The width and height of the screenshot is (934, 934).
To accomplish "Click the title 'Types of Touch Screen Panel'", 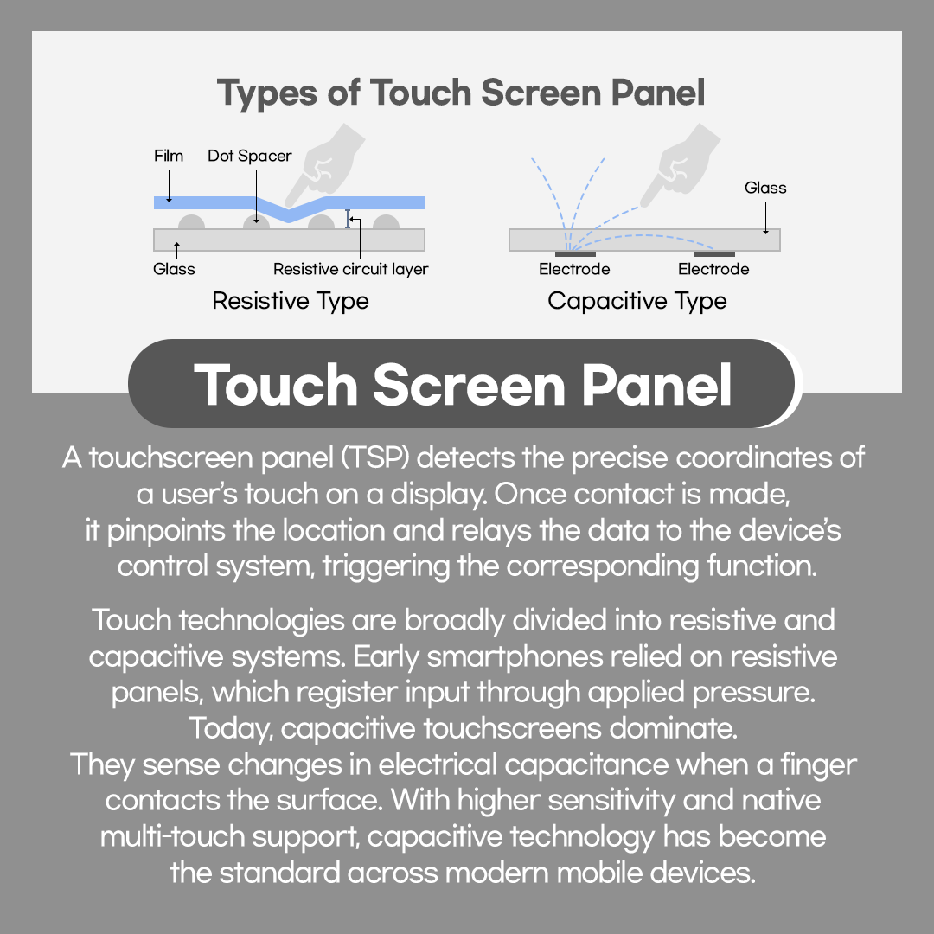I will point(461,93).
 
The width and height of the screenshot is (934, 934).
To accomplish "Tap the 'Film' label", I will point(169,157).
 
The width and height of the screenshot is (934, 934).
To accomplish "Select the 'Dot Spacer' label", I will point(250,157).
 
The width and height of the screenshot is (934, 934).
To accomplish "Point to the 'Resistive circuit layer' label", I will point(351,269).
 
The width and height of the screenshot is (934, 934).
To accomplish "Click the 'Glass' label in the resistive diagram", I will point(174,269).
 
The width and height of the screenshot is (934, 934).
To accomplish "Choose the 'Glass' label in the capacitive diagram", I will point(765,188).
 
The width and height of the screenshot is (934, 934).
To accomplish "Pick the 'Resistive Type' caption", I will point(291,301).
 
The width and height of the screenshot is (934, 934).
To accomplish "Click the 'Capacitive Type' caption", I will point(637,301).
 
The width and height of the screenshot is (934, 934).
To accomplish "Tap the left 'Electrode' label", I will point(574,269).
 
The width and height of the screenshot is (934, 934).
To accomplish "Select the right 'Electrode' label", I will point(713,269).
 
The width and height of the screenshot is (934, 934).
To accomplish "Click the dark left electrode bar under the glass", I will point(575,253).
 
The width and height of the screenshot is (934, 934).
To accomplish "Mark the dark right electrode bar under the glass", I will point(714,253).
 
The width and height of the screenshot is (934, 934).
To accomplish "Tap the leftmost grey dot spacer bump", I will point(191,223).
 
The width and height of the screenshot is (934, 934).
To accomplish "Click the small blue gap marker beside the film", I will point(348,220).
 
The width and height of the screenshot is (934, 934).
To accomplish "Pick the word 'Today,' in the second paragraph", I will point(232,728).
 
